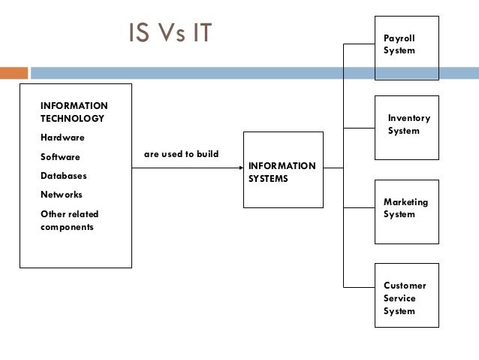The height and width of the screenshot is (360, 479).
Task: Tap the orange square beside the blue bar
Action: tap(13, 74)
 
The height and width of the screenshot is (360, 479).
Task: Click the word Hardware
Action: tap(62, 138)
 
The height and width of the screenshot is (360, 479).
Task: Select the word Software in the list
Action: tap(60, 157)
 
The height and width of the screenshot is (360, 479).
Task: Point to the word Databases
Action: tap(64, 176)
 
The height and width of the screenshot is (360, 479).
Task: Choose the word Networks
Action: tap(62, 195)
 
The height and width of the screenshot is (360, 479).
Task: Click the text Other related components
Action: tap(69, 220)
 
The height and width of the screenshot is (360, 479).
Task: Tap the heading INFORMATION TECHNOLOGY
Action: tap(74, 112)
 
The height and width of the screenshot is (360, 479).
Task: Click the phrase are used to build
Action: tap(181, 154)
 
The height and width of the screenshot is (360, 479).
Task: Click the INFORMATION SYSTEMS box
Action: tap(283, 170)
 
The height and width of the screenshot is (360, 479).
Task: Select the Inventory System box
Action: tap(406, 127)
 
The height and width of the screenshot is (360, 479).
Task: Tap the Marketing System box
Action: tap(406, 211)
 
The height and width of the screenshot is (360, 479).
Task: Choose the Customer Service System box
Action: tap(406, 295)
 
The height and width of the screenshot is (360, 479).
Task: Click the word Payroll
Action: tap(399, 38)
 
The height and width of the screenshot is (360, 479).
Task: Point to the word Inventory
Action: tap(409, 118)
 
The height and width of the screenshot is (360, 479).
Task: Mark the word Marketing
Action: tap(405, 202)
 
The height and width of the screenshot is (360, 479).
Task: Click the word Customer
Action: tap(405, 286)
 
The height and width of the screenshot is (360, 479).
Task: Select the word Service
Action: tap(399, 298)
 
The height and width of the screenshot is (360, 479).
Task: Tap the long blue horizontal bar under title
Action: tap(254, 74)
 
